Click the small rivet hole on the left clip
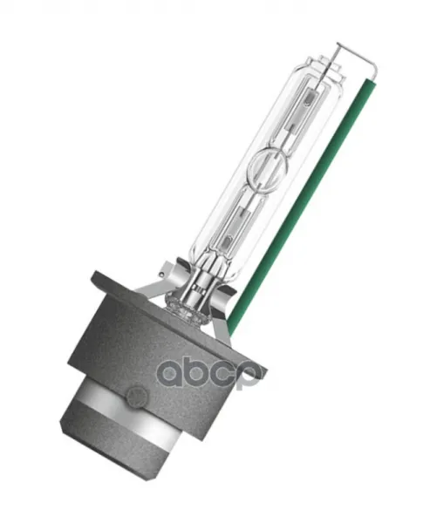tap(161, 275)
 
